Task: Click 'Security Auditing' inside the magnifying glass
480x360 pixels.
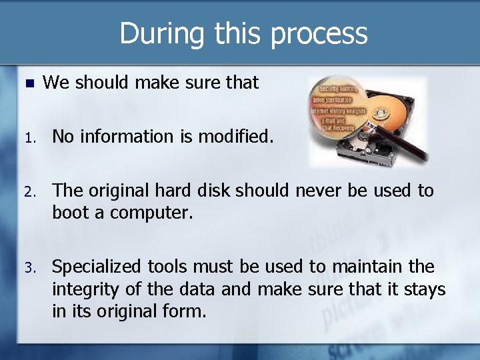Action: click(337, 89)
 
